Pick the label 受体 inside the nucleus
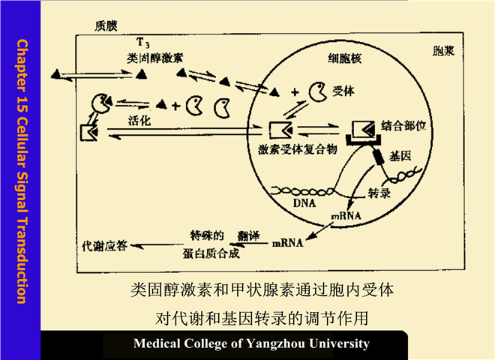(344, 91)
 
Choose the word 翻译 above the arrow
(250, 235)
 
